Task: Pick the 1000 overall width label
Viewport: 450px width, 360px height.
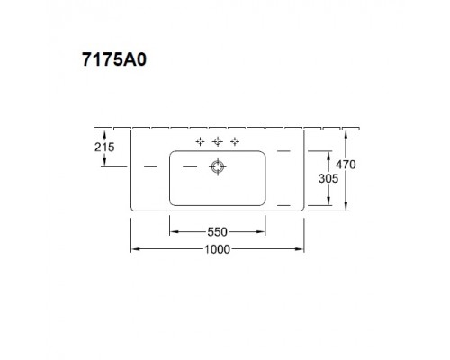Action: (x=216, y=249)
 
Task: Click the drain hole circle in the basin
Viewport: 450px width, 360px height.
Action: (x=217, y=166)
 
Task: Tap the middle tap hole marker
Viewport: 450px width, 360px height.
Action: (x=217, y=140)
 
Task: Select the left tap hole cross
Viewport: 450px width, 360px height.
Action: (x=199, y=140)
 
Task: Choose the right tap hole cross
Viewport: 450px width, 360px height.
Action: (x=235, y=140)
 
